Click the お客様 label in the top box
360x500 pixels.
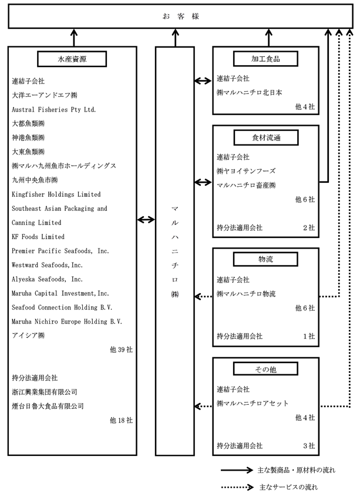(181, 16)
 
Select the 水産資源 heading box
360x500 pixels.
(72, 59)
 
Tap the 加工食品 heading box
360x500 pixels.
(265, 59)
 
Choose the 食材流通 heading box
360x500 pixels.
(266, 137)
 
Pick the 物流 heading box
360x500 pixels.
(265, 259)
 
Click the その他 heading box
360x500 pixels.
(265, 369)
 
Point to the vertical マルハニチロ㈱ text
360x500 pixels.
(175, 251)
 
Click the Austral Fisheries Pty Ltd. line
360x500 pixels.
(54, 110)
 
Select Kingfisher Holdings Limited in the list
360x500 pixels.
(56, 194)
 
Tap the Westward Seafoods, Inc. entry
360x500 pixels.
(47, 265)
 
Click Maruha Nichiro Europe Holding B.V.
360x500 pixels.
(67, 321)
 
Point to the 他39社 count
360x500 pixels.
(121, 350)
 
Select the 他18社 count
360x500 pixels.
(121, 421)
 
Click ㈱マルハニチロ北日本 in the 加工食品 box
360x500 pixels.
(250, 92)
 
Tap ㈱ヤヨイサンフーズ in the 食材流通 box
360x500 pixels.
(246, 171)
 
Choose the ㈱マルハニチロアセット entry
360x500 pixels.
(252, 404)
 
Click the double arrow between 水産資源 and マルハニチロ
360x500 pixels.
(146, 219)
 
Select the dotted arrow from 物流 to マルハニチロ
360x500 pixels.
(203, 297)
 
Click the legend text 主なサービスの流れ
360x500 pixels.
(288, 487)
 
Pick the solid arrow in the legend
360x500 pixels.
(237, 470)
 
